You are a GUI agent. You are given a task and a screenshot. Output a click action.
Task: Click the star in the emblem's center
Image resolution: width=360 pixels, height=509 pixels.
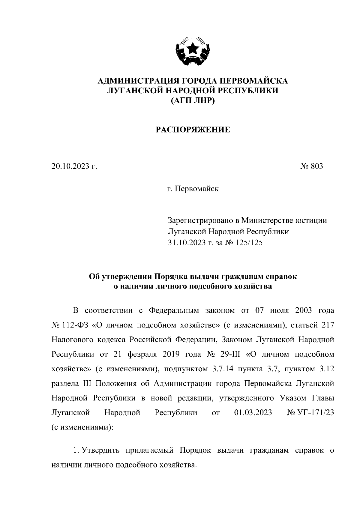click(x=192, y=48)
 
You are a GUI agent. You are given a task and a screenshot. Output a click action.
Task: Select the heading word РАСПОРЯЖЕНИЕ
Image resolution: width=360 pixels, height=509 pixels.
click(x=193, y=130)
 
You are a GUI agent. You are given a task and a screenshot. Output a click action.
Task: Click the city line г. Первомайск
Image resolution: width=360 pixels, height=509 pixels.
click(x=193, y=189)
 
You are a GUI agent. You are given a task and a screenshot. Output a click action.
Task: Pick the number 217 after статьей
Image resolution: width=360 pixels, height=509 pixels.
click(x=327, y=325)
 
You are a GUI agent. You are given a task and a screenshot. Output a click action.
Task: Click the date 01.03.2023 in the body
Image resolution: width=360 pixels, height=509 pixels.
click(x=253, y=413)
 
